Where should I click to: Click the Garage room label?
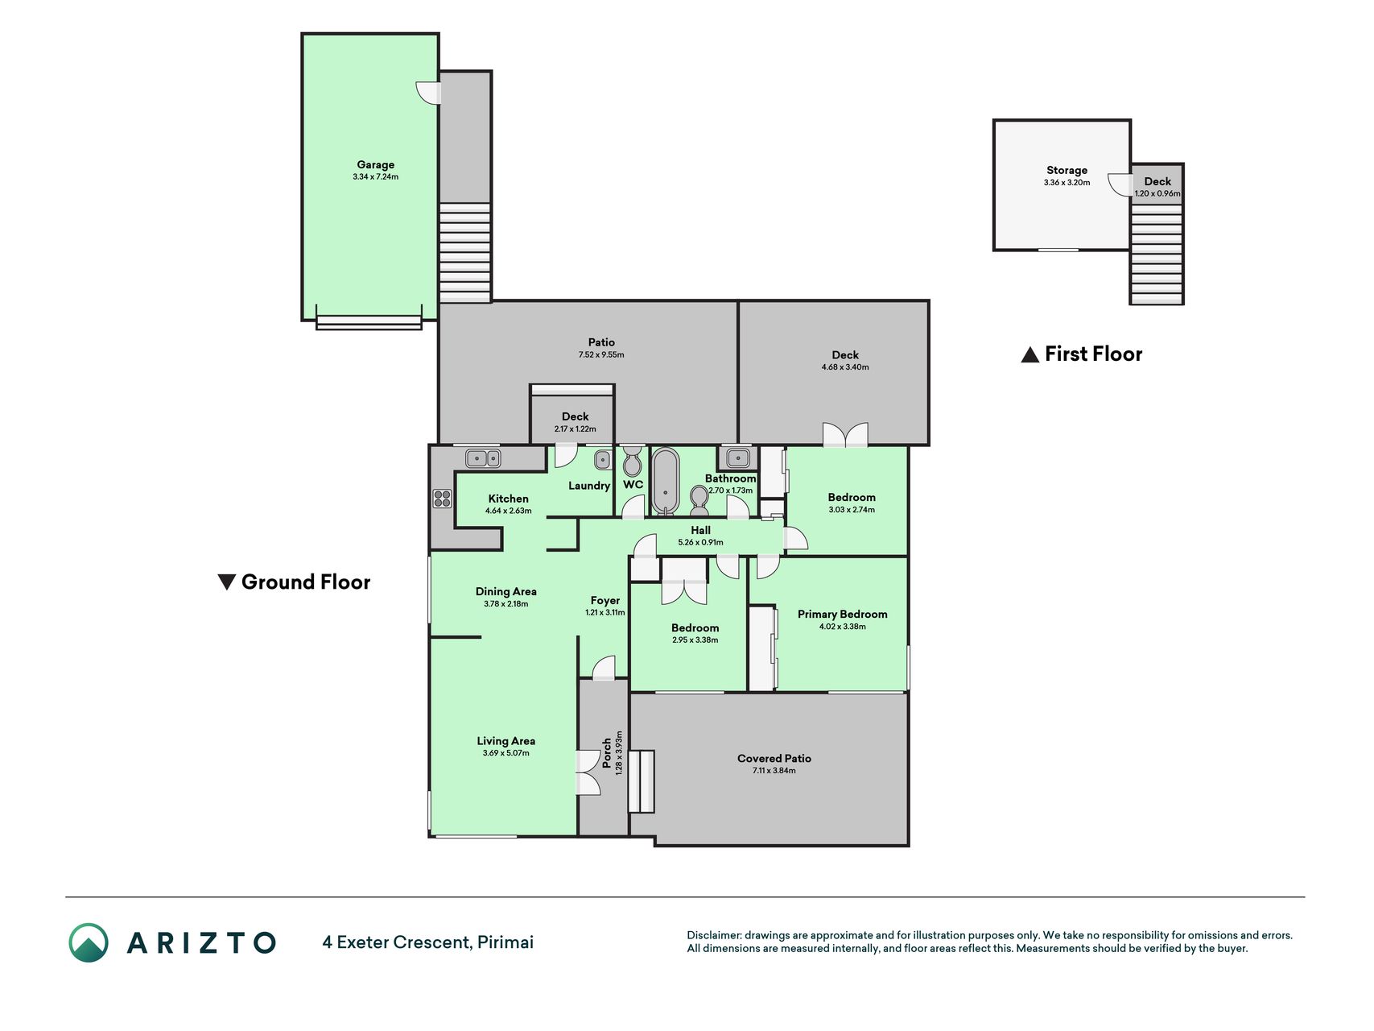click(376, 164)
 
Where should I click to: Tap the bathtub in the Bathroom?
click(665, 481)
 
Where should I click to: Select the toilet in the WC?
click(633, 461)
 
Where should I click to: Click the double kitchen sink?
click(483, 458)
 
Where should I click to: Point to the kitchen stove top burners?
click(442, 499)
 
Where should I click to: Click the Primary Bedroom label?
click(842, 614)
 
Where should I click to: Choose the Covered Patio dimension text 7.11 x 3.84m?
click(774, 771)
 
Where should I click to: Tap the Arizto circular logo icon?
click(89, 942)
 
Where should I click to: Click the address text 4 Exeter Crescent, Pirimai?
click(428, 942)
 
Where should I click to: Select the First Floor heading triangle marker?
click(1030, 354)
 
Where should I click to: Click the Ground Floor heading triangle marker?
click(227, 582)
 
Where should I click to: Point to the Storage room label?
click(1067, 170)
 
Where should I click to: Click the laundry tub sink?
click(603, 460)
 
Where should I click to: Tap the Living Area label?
click(505, 741)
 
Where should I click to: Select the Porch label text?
click(607, 753)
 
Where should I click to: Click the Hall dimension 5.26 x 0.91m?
click(700, 543)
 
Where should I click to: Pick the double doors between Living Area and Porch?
click(588, 773)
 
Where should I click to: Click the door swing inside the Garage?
click(428, 93)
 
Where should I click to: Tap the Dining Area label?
click(505, 591)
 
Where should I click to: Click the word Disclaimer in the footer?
click(714, 935)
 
